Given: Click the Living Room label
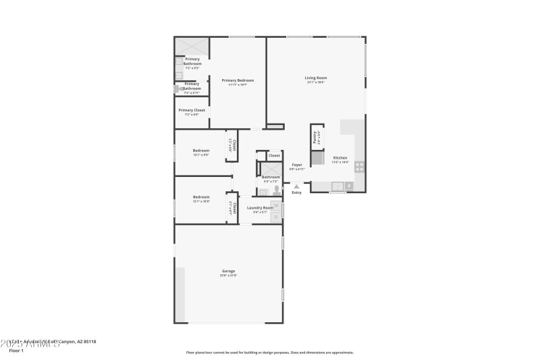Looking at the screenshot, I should point(315,78).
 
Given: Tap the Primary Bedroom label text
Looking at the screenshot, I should point(238,80).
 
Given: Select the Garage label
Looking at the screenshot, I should point(228,271).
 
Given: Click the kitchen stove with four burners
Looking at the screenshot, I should point(359,166).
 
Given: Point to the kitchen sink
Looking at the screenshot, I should point(337,186).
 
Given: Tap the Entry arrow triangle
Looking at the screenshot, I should point(296,186).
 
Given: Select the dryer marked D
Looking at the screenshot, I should point(275,216).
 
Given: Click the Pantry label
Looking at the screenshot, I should point(315,136).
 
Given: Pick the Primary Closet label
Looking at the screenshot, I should point(192,110).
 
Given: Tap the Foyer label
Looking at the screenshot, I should point(296,164).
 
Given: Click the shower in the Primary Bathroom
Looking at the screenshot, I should point(192,46).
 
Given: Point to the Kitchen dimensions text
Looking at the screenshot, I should point(340,162).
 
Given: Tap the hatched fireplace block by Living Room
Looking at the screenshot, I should point(275,126).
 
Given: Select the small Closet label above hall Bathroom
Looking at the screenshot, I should point(274,155).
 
